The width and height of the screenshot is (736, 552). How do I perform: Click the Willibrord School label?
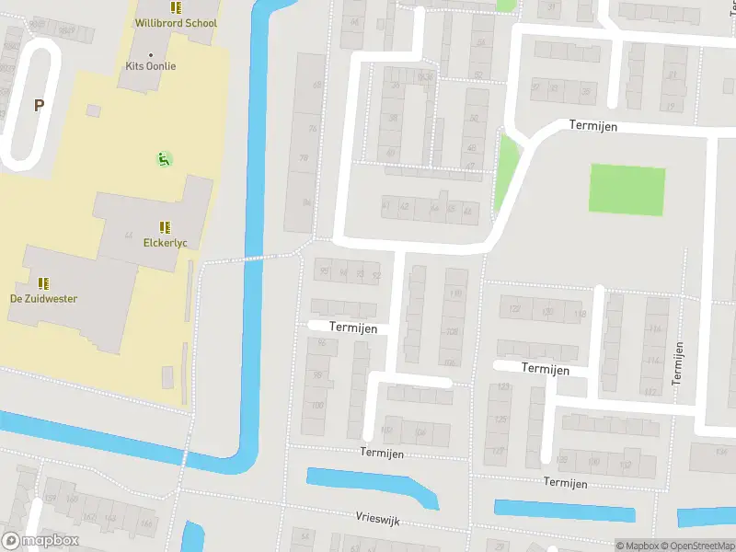(176, 23)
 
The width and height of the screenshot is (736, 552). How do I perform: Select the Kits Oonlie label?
(151, 66)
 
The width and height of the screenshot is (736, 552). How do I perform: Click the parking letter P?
(39, 106)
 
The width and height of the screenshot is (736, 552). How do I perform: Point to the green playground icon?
(164, 159)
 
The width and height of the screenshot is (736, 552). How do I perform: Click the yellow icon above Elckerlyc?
(166, 227)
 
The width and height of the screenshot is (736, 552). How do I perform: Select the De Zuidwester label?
(43, 299)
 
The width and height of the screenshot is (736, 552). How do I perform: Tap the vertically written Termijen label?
(678, 362)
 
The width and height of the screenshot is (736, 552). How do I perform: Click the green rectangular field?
(627, 190)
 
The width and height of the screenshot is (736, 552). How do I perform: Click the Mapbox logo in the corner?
(40, 541)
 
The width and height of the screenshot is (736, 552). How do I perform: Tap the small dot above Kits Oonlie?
(151, 54)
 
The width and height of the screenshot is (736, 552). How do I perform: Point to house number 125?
(501, 420)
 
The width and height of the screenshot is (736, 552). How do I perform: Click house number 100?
(318, 405)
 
